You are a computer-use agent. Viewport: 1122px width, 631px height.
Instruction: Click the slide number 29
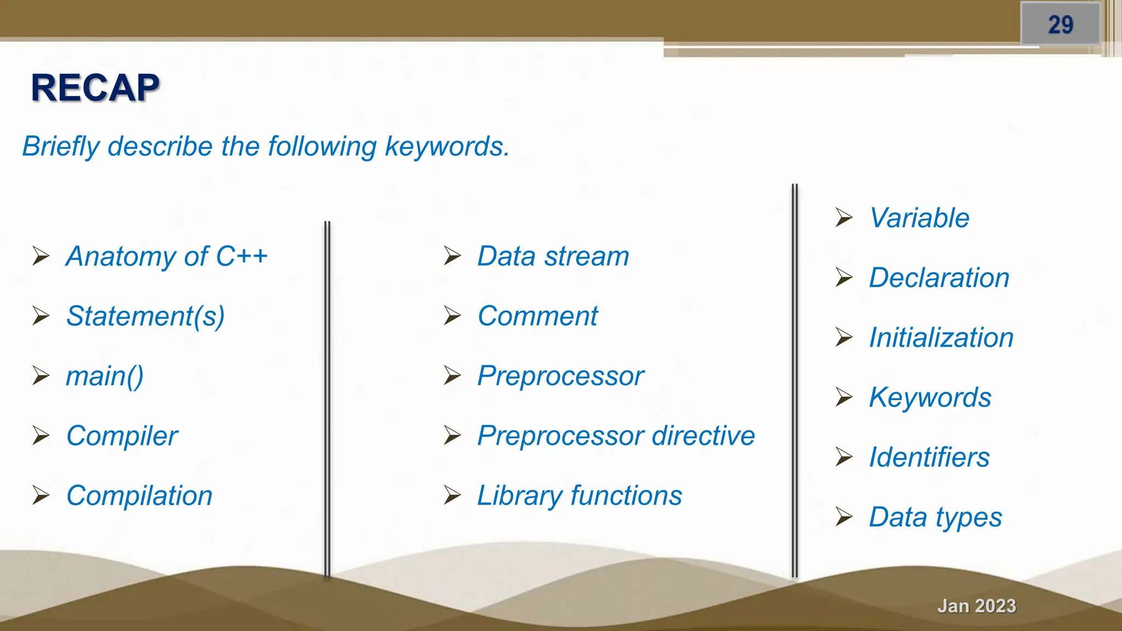(x=1060, y=25)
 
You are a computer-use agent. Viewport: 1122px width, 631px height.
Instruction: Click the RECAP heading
(x=95, y=88)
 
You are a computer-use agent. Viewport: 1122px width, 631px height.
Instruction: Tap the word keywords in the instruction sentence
(x=446, y=147)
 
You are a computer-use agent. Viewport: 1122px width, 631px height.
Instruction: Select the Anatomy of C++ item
(x=167, y=256)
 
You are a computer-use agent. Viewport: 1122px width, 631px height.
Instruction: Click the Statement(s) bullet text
(x=145, y=317)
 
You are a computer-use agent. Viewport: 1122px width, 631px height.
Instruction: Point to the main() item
(x=105, y=376)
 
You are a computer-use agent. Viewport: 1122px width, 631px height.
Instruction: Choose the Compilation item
(x=139, y=496)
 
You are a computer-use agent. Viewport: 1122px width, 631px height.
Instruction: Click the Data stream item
(x=553, y=256)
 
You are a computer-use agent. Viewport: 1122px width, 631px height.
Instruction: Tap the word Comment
(x=537, y=316)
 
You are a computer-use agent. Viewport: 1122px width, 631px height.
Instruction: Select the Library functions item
(x=579, y=496)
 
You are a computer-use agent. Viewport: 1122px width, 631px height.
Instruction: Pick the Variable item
(x=919, y=218)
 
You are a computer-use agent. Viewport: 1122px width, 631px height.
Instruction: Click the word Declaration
(x=939, y=278)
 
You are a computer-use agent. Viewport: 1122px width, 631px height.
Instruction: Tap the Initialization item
(x=941, y=337)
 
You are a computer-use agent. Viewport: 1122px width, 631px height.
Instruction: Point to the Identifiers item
(x=929, y=457)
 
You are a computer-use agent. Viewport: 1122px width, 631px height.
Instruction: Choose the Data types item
(x=935, y=517)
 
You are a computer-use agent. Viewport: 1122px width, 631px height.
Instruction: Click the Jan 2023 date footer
(x=976, y=606)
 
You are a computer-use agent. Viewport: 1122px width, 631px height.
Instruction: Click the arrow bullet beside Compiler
(x=41, y=435)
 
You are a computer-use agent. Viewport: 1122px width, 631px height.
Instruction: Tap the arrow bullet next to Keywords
(x=844, y=397)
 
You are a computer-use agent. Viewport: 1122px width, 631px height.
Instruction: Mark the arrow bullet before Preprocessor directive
(x=452, y=435)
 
